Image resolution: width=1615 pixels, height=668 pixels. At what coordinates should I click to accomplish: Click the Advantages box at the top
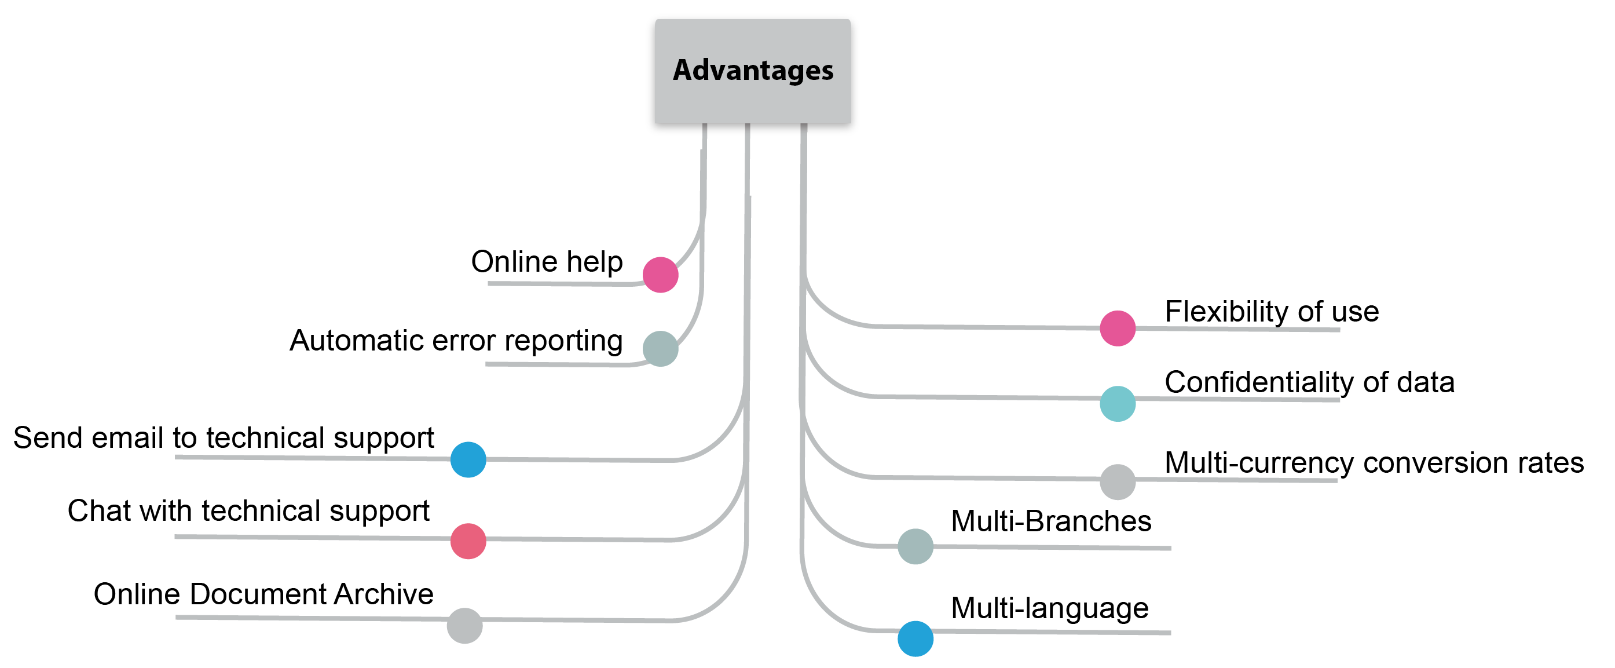pyautogui.click(x=752, y=72)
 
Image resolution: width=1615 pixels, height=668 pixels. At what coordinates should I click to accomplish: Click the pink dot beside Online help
pyautogui.click(x=660, y=275)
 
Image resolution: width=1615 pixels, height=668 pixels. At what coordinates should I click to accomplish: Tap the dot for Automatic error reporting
pyautogui.click(x=660, y=349)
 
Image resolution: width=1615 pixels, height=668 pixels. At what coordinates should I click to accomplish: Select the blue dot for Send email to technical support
pyautogui.click(x=468, y=460)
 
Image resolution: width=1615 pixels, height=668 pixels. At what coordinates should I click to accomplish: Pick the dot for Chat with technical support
pyautogui.click(x=468, y=541)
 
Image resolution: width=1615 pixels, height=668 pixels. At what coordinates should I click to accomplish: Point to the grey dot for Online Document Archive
pyautogui.click(x=464, y=625)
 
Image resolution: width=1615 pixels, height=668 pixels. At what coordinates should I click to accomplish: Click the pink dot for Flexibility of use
pyautogui.click(x=1117, y=328)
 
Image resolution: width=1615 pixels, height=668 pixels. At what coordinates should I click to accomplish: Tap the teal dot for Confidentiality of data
pyautogui.click(x=1117, y=404)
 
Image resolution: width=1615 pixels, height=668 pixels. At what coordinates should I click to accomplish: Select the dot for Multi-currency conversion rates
pyautogui.click(x=1117, y=481)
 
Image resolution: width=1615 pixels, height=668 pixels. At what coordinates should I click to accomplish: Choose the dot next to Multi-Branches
pyautogui.click(x=915, y=546)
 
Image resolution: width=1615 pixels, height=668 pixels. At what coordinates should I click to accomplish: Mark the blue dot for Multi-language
pyautogui.click(x=915, y=638)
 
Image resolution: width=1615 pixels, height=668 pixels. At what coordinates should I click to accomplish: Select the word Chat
pyautogui.click(x=99, y=511)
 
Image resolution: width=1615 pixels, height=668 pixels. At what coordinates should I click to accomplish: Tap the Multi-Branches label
pyautogui.click(x=1051, y=521)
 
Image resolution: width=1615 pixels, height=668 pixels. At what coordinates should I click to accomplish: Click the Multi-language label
pyautogui.click(x=1049, y=608)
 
